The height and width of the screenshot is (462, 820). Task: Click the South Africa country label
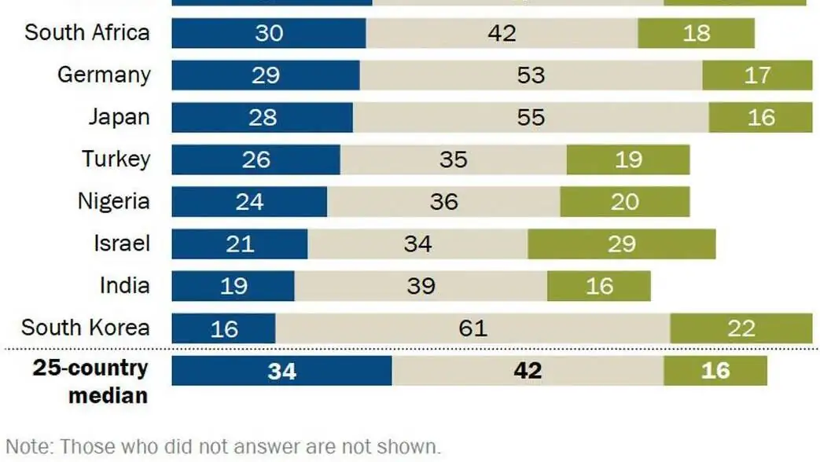[x=86, y=33]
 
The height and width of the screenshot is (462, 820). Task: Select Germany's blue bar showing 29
[x=265, y=75]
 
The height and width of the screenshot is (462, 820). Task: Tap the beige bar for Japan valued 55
[x=531, y=117]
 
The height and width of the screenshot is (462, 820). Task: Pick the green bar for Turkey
[x=627, y=159]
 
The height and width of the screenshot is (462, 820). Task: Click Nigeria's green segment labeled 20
[x=624, y=202]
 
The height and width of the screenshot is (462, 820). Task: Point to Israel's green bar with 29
[x=621, y=244]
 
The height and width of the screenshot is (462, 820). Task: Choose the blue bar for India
[x=233, y=286]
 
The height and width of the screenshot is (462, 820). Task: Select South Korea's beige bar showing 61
[x=473, y=328]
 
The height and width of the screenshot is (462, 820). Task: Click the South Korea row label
[x=85, y=328]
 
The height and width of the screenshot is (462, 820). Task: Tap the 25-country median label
[x=90, y=380]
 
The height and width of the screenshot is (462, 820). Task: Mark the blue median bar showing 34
[x=281, y=370]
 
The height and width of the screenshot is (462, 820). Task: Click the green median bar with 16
[x=715, y=370]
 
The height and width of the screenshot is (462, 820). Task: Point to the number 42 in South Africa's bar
[x=502, y=33]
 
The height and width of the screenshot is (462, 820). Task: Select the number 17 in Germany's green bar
[x=756, y=75]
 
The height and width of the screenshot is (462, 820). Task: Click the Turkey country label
[x=116, y=159]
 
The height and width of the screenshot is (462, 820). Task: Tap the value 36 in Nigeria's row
[x=443, y=202]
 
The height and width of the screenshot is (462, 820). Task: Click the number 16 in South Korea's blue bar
[x=224, y=328]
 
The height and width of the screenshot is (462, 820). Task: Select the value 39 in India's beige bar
[x=421, y=286]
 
